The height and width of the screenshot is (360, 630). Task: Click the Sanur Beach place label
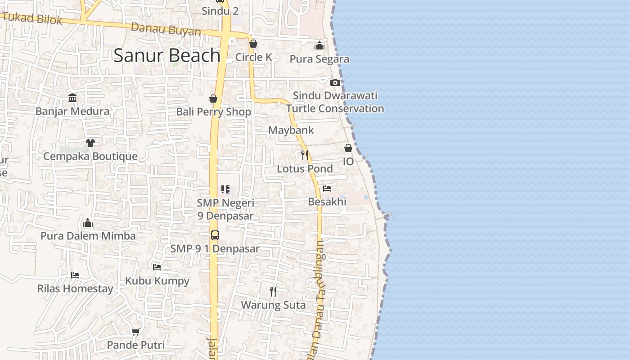click(x=167, y=55)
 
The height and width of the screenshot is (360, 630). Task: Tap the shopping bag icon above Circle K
click(x=253, y=44)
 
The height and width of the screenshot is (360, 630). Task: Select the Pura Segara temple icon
click(x=319, y=45)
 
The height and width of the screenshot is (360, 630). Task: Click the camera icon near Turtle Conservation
click(x=335, y=82)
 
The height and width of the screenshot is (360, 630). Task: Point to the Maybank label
click(x=291, y=130)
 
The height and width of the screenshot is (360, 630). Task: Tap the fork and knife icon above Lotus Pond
click(x=305, y=155)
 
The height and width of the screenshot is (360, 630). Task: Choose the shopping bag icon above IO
click(x=348, y=148)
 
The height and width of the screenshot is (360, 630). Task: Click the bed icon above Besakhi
click(x=327, y=188)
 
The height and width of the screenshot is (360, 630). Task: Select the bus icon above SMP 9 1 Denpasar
click(x=215, y=235)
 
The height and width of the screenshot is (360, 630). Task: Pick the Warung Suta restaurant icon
click(x=273, y=292)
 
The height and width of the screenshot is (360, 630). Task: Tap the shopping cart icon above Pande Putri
click(x=135, y=332)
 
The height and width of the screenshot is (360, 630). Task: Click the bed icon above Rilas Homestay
click(x=75, y=275)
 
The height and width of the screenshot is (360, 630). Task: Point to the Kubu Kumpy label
click(x=157, y=281)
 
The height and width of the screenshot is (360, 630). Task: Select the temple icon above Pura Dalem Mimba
click(x=88, y=223)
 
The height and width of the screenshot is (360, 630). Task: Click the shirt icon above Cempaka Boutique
click(x=90, y=143)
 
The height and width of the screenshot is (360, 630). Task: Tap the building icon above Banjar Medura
click(x=72, y=98)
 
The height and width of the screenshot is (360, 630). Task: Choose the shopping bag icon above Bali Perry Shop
click(x=213, y=99)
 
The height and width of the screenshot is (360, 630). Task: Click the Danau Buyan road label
click(x=166, y=30)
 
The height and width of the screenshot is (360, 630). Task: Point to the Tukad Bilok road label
click(x=31, y=18)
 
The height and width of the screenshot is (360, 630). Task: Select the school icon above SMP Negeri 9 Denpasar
click(x=225, y=189)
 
